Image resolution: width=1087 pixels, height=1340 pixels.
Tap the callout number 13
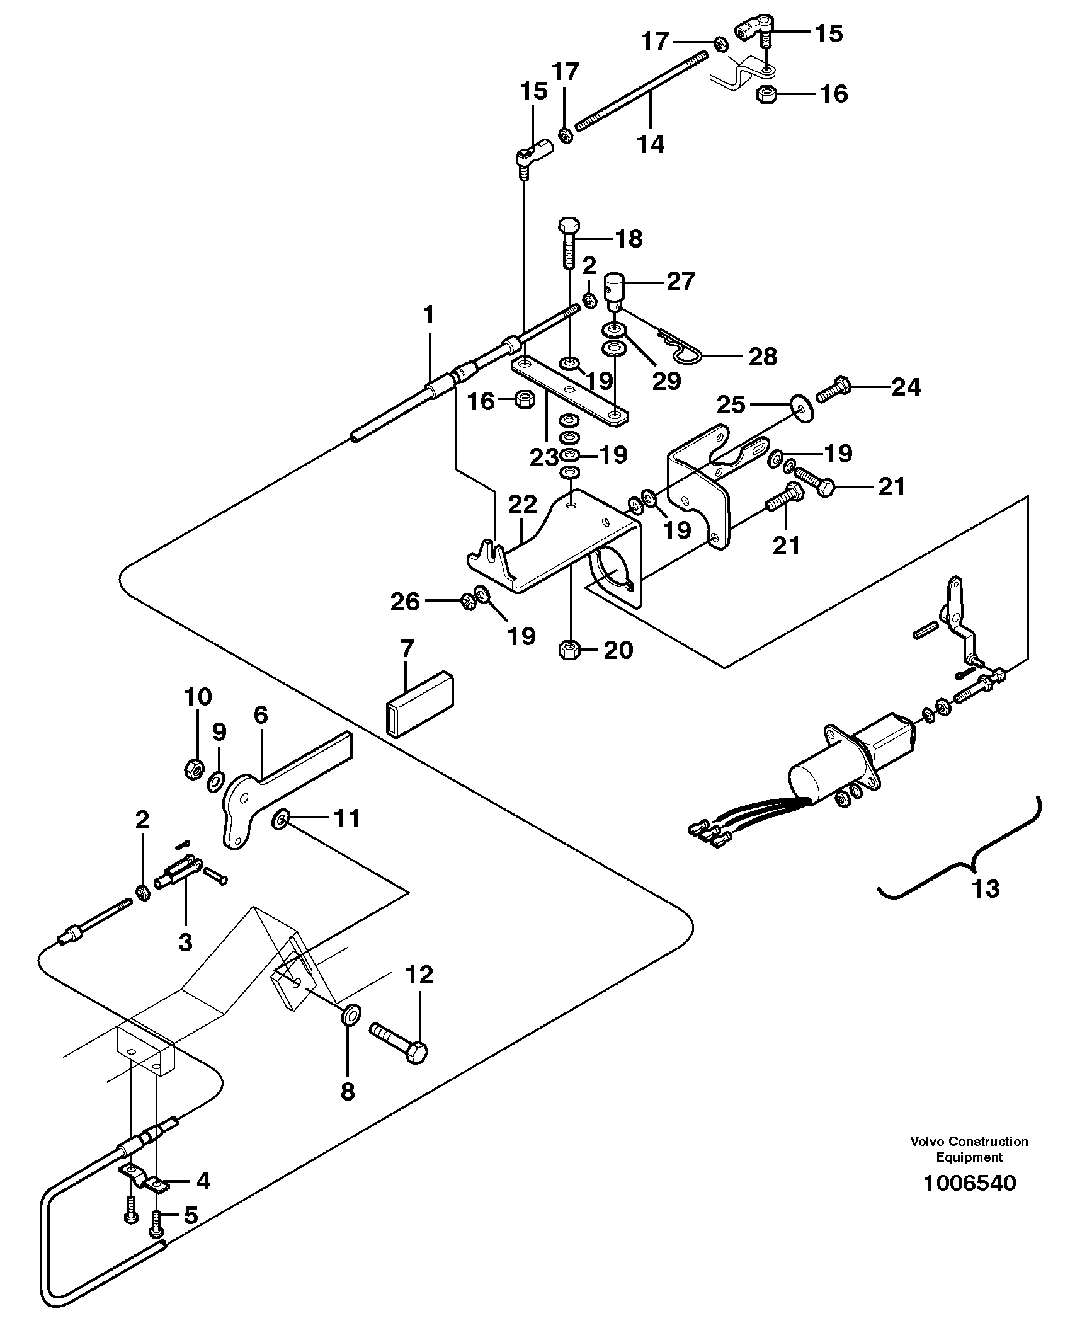tap(985, 890)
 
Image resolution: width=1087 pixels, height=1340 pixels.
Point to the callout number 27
tap(680, 281)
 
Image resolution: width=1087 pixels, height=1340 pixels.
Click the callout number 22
tap(523, 505)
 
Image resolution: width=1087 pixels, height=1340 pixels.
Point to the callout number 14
tap(651, 145)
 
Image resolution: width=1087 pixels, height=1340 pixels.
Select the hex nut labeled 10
tap(193, 769)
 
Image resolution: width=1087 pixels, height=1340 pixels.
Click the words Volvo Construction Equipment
tap(969, 1149)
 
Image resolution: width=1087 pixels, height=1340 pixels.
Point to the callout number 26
tap(404, 602)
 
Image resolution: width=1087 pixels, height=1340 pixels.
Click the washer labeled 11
tap(280, 820)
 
